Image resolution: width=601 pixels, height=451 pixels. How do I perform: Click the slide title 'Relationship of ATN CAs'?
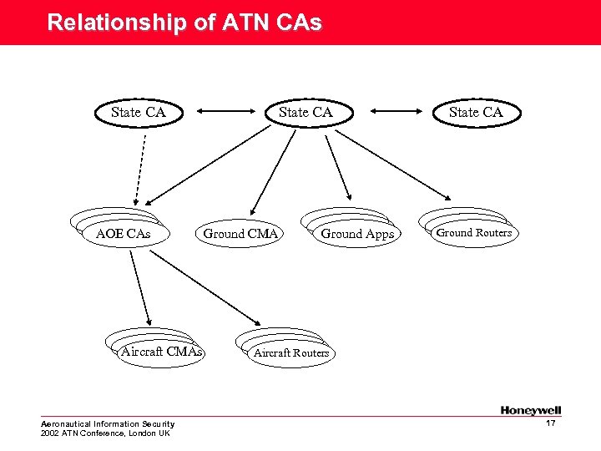point(184,23)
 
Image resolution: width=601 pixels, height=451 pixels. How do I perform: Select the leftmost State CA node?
point(139,112)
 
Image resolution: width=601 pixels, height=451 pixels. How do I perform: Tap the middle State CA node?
point(306,112)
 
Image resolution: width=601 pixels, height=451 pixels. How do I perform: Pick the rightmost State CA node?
point(476,112)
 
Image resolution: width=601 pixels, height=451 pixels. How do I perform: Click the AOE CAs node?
point(124,234)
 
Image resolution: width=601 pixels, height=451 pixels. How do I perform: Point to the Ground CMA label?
point(240,234)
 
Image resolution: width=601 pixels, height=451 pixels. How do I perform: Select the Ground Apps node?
point(356,234)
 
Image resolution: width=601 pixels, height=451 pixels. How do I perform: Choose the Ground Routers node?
point(473,233)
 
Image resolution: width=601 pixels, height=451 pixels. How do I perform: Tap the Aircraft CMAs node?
point(161,352)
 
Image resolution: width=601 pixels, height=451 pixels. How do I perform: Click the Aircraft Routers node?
point(291,353)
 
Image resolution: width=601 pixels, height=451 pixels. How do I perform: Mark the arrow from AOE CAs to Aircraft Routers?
point(205,286)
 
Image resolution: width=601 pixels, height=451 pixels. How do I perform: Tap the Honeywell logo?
point(531,410)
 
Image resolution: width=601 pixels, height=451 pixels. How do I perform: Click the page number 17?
point(550,424)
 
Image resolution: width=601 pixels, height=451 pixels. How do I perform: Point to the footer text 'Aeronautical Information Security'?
point(108,424)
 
